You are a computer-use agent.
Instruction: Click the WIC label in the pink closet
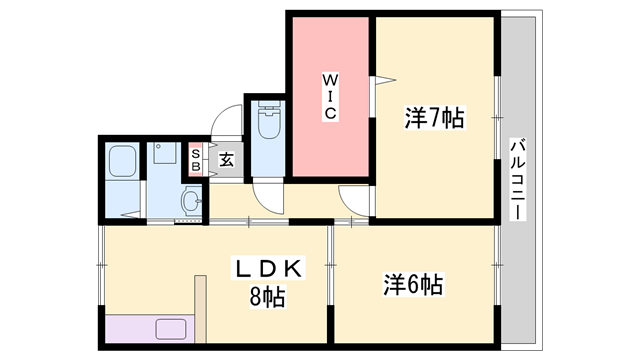click(x=330, y=97)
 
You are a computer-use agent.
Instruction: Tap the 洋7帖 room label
click(x=435, y=118)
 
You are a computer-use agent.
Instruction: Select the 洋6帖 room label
click(x=413, y=284)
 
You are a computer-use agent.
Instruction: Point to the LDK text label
click(x=268, y=269)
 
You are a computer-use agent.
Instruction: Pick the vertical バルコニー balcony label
click(x=518, y=180)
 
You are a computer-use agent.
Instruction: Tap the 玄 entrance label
click(x=226, y=160)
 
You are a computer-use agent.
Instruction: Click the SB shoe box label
click(x=196, y=160)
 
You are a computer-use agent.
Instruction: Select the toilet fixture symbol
click(x=270, y=121)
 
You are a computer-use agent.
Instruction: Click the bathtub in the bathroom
click(x=122, y=162)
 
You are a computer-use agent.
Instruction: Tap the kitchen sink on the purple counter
click(x=171, y=329)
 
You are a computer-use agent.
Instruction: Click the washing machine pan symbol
click(x=164, y=153)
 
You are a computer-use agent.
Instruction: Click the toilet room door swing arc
click(x=267, y=200)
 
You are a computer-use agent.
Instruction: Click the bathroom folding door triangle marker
click(x=131, y=214)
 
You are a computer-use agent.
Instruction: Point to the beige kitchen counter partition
click(x=200, y=309)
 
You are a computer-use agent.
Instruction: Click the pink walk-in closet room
click(x=331, y=97)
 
